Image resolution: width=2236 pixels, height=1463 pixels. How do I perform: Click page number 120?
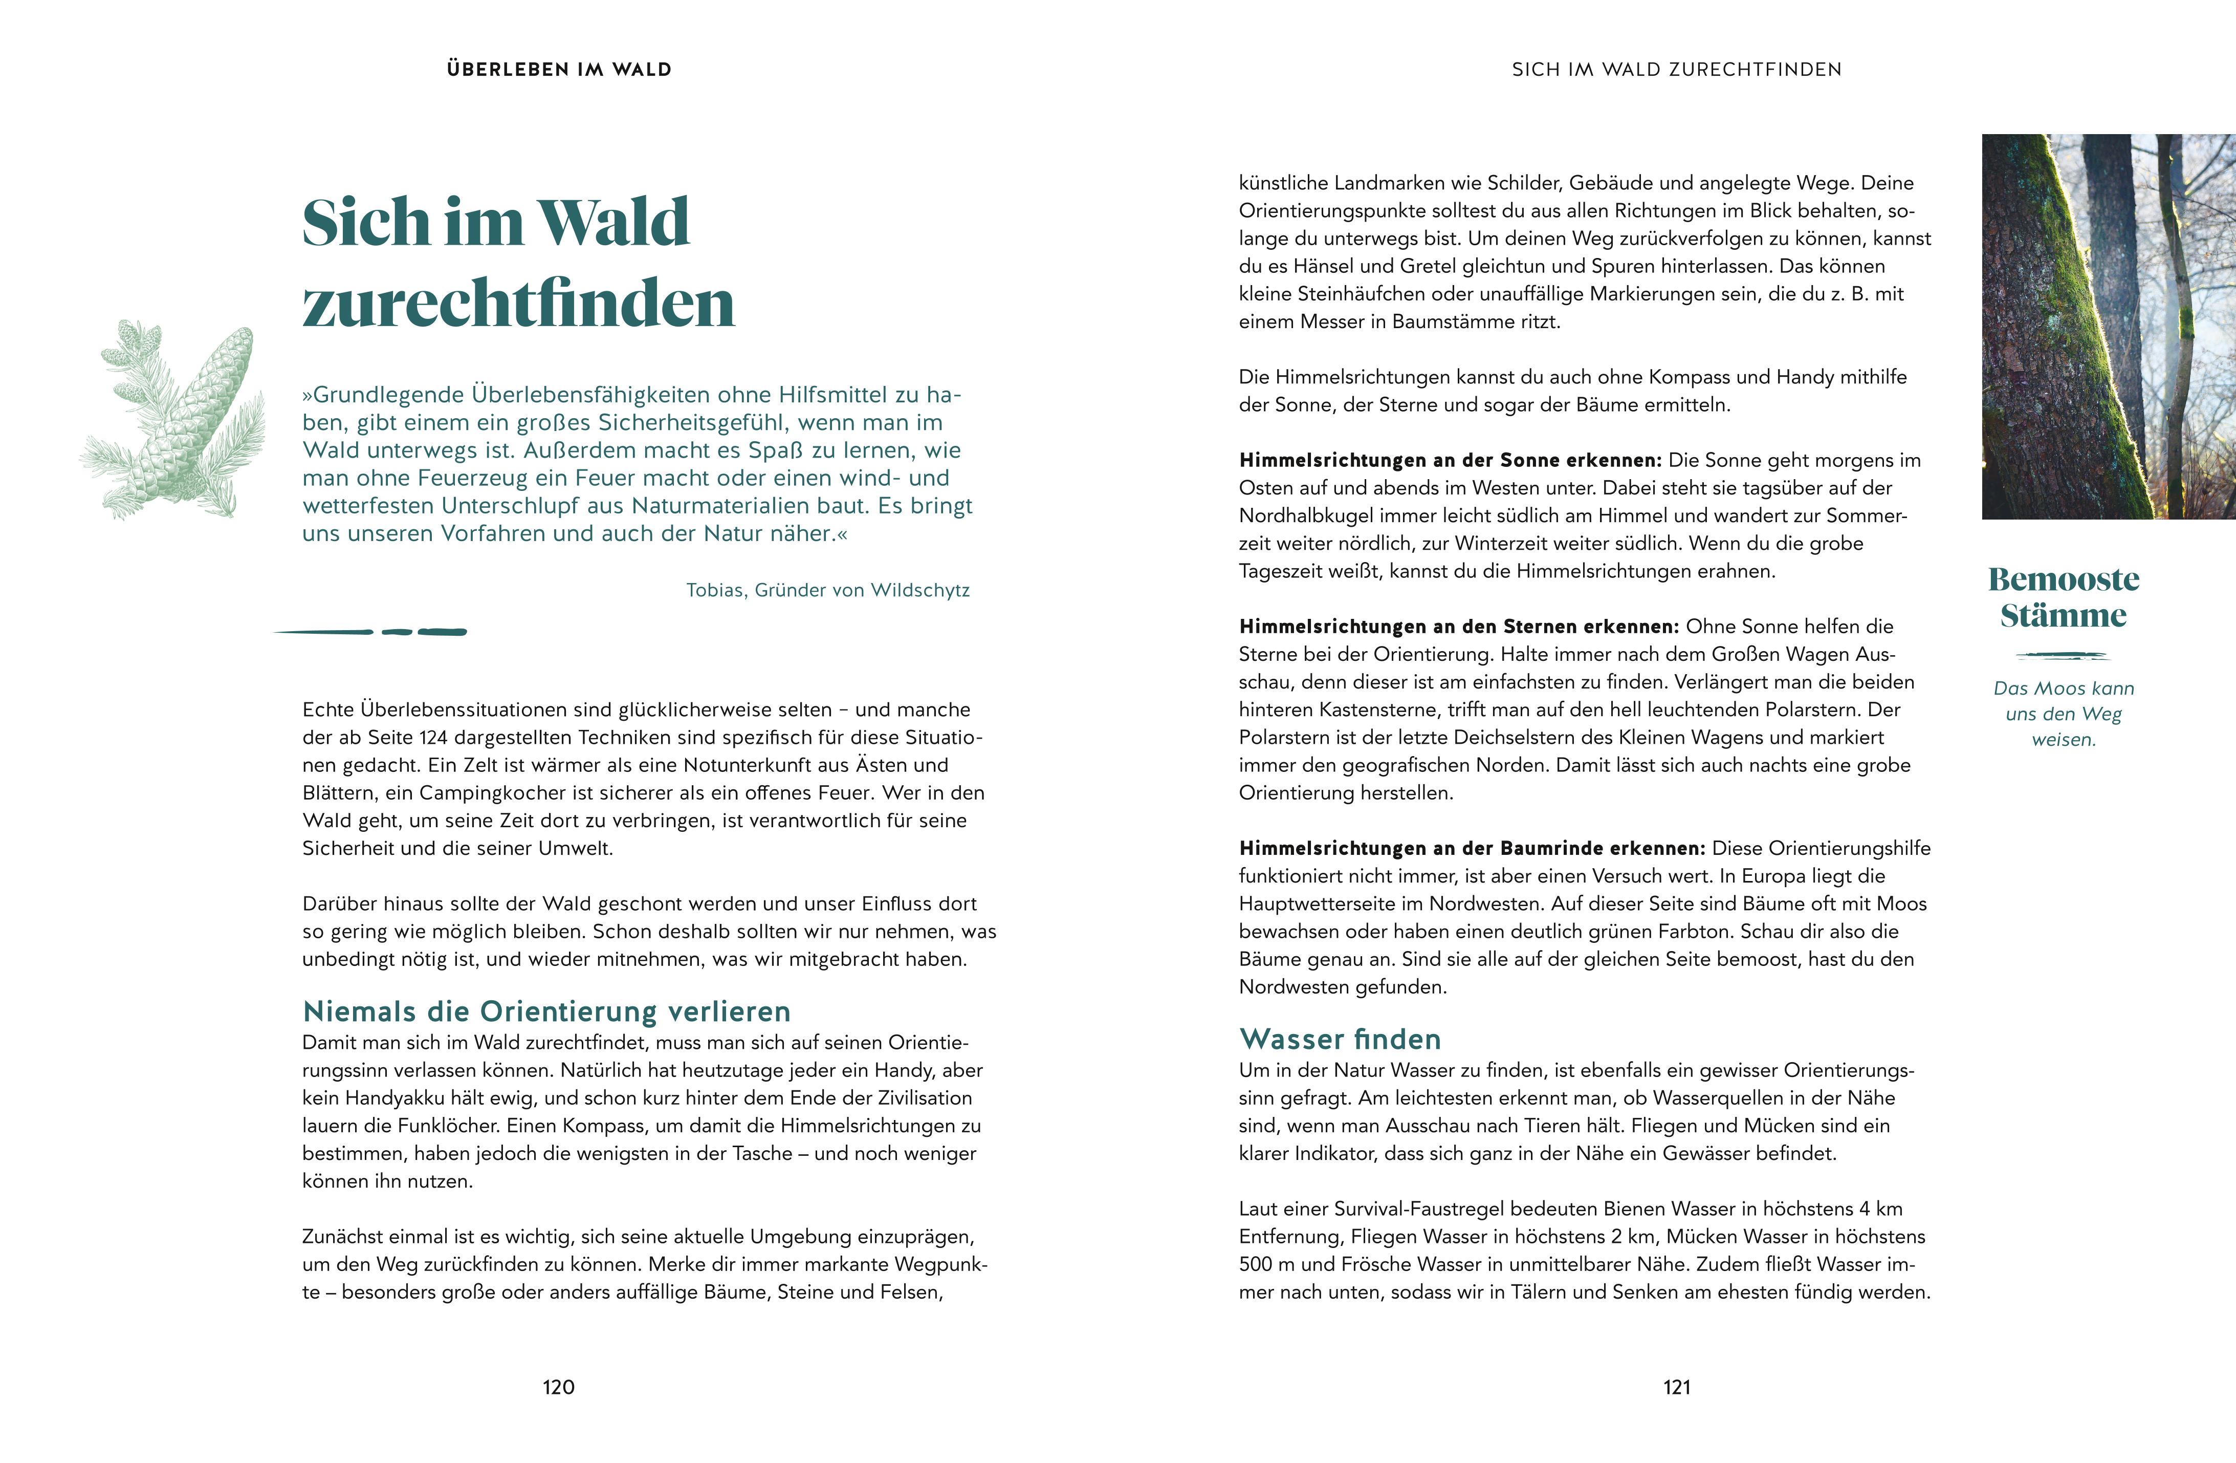click(558, 1387)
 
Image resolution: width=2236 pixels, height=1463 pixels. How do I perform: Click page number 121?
click(1677, 1387)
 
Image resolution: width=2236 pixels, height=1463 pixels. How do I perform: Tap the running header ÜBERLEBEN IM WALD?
click(559, 70)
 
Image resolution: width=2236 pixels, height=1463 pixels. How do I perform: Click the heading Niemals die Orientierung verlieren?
click(546, 1012)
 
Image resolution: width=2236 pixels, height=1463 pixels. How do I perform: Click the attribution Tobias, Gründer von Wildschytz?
click(828, 590)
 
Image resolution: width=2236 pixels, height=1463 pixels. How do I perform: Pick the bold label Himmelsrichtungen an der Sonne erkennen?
click(1450, 460)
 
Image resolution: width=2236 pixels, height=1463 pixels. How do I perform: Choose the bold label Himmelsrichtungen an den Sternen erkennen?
click(1458, 627)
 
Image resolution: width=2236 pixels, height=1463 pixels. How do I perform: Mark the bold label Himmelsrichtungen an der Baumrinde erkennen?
click(1471, 849)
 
